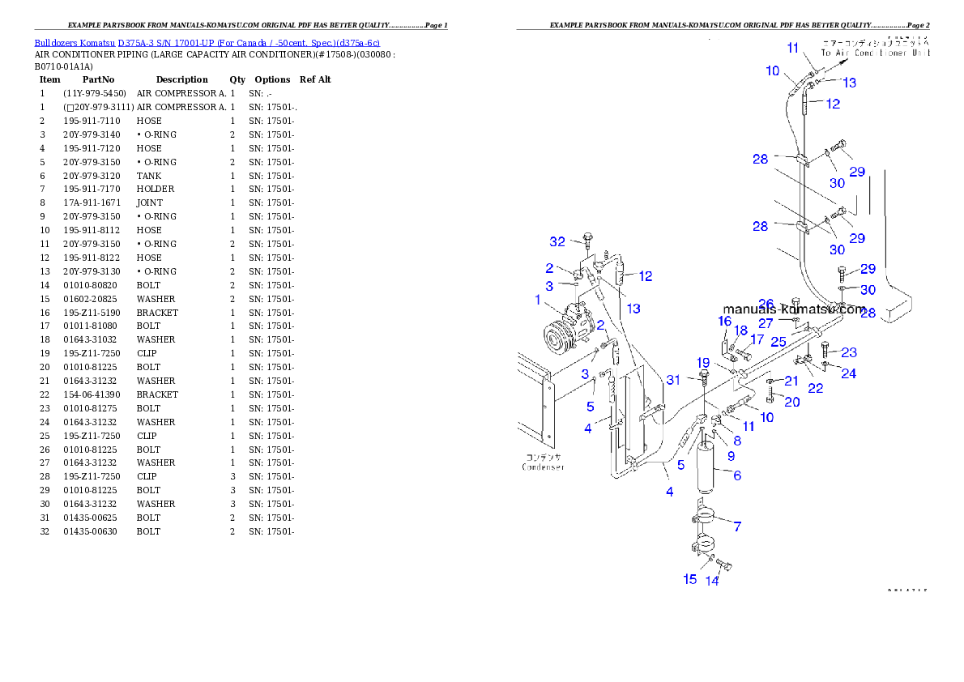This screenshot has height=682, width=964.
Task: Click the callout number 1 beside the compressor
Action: [537, 300]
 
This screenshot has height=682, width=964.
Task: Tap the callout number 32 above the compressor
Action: [557, 241]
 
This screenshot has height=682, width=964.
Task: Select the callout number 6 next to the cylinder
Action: [737, 475]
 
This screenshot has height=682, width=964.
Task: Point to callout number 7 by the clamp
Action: [737, 527]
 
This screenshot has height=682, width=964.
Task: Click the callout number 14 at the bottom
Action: [712, 581]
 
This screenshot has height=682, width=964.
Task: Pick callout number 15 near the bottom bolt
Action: [689, 579]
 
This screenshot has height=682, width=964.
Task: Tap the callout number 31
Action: [674, 379]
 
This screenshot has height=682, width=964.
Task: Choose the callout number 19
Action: [703, 362]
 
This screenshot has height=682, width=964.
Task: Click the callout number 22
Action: [815, 389]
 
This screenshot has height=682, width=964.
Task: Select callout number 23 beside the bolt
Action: [849, 352]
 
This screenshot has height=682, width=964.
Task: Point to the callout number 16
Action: [724, 322]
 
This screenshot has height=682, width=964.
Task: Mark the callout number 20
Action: [792, 402]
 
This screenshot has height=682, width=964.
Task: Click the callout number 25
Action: [778, 341]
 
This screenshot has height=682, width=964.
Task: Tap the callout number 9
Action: [731, 456]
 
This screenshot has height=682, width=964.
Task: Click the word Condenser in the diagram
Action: [542, 467]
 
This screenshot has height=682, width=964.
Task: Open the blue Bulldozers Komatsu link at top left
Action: [207, 43]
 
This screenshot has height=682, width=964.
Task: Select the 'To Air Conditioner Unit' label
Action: [875, 53]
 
